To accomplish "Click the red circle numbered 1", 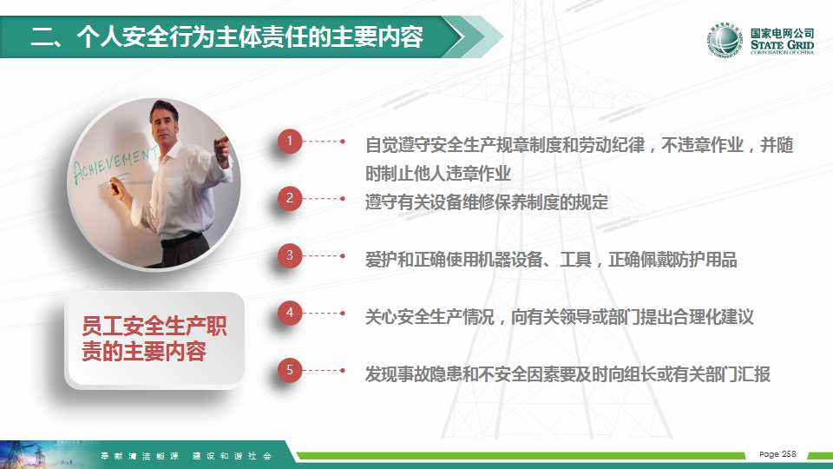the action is tap(290, 141).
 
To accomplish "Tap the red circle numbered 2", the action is tap(290, 198).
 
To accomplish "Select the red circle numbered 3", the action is tap(290, 255).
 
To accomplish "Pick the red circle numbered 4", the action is tap(290, 313).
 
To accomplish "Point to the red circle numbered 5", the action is tap(290, 370).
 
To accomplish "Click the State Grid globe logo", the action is tap(725, 40).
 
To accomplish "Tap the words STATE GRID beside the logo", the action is tap(782, 44).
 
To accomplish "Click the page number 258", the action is tap(788, 453).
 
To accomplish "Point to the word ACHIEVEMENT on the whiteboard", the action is tap(115, 163).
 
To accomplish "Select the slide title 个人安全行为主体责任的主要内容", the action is tap(250, 36).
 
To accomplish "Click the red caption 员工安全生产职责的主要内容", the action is tap(154, 339).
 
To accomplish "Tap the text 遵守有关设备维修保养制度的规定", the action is tap(487, 202).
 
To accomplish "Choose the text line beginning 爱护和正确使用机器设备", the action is tap(551, 260).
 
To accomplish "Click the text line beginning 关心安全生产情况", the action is tap(559, 317).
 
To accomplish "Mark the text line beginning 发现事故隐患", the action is tap(567, 374).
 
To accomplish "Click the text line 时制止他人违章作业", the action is tap(437, 174).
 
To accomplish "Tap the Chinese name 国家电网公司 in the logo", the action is tap(782, 33).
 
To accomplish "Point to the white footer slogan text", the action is tap(186, 456).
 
